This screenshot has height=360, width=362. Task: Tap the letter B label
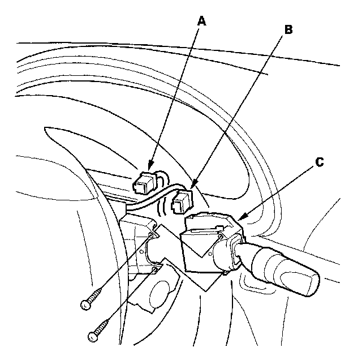point(288,30)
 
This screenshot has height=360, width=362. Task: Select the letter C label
point(319,162)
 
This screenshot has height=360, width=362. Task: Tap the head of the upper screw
point(86,304)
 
